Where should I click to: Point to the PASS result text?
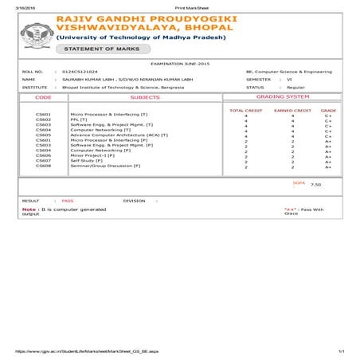(68, 201)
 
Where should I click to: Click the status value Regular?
(297, 88)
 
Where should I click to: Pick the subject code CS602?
(43, 119)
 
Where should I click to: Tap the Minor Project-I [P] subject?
(93, 155)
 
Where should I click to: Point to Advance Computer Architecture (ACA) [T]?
(118, 135)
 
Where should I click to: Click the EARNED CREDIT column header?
(292, 110)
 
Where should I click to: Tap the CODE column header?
(43, 96)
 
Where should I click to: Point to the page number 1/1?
(341, 350)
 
